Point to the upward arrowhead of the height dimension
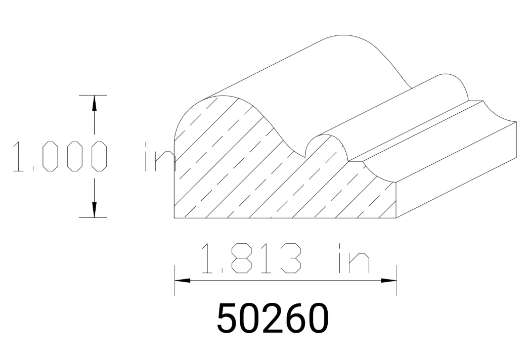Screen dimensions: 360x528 (94, 102)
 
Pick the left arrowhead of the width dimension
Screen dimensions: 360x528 (182, 281)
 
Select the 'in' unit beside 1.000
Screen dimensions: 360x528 (157, 157)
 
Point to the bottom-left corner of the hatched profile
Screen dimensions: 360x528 (174, 218)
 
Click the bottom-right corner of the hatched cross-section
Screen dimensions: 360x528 (396, 218)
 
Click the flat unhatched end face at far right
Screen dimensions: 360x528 (455, 169)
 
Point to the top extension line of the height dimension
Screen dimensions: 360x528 (94, 95)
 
